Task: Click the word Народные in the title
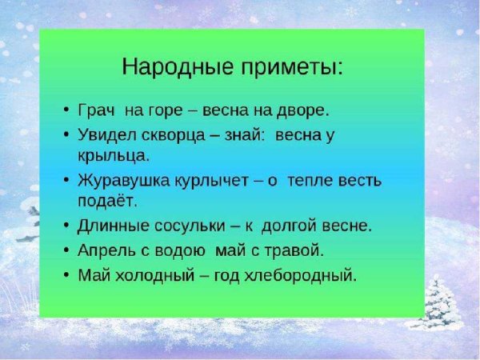[x=174, y=67]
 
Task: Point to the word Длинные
[x=113, y=226]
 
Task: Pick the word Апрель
[x=106, y=250]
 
